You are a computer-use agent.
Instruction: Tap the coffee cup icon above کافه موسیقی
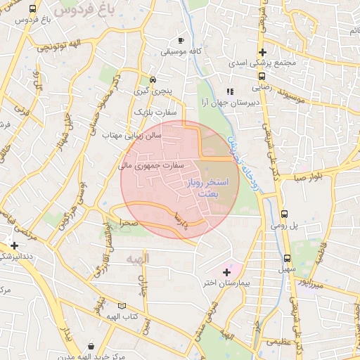181,41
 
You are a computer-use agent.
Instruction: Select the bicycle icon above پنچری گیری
153,79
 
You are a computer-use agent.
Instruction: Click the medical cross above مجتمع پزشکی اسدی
262,52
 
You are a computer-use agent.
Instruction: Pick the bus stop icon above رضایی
262,77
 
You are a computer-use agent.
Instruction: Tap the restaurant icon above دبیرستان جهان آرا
229,91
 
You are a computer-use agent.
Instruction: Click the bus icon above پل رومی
284,214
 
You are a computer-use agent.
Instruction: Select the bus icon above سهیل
287,257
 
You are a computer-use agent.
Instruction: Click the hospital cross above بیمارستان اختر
226,271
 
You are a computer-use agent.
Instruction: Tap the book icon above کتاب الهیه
122,306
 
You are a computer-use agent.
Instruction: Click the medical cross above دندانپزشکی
14,245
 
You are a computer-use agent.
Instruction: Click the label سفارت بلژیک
152,112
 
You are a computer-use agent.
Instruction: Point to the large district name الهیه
138,260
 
